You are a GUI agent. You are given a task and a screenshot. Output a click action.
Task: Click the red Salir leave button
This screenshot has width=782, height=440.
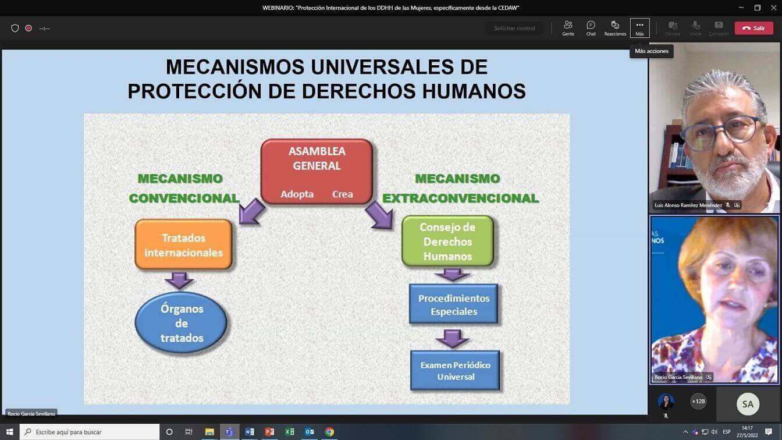click(x=753, y=29)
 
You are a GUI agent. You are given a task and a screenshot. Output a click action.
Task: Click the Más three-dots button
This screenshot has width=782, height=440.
click(x=639, y=28)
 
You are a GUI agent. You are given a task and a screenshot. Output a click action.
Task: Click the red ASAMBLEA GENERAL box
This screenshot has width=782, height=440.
click(x=317, y=172)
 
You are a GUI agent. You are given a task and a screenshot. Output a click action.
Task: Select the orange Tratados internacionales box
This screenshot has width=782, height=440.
click(x=184, y=244)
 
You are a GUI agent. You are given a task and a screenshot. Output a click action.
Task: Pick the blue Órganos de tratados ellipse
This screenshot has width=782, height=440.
click(x=181, y=323)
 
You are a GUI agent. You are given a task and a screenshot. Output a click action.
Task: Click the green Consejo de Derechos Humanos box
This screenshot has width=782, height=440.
click(x=447, y=242)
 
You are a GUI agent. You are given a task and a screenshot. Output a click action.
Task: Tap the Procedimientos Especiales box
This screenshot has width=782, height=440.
click(x=453, y=304)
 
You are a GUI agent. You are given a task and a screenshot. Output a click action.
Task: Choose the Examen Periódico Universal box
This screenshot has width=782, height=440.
click(x=455, y=371)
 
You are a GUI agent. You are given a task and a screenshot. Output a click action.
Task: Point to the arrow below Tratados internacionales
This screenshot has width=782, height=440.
click(x=179, y=281)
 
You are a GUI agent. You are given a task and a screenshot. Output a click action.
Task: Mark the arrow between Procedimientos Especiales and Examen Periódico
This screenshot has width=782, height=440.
click(x=453, y=338)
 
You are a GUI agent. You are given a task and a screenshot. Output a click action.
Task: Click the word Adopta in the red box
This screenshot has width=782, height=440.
click(x=297, y=194)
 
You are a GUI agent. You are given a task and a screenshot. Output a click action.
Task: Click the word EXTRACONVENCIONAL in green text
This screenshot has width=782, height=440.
click(x=460, y=198)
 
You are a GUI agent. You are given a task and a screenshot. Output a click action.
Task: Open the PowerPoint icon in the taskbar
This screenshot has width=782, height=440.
click(x=269, y=432)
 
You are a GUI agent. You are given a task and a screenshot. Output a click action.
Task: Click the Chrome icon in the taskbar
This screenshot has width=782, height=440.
click(x=329, y=432)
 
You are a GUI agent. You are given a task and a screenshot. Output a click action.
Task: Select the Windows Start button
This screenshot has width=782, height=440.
click(x=9, y=432)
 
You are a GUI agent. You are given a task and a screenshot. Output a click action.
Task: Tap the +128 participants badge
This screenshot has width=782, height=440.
click(x=698, y=402)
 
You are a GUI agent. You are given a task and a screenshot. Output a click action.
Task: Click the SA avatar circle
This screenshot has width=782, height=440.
click(x=748, y=404)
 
